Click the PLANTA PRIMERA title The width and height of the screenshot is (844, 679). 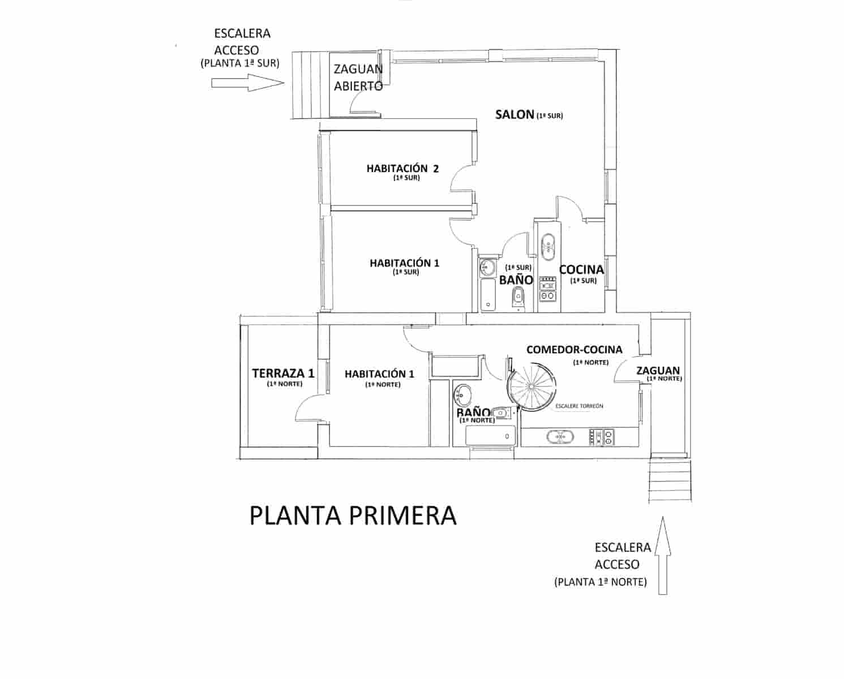[353, 515]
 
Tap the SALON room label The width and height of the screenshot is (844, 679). [515, 114]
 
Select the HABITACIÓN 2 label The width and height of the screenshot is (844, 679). [402, 169]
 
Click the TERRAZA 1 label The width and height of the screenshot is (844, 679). [283, 373]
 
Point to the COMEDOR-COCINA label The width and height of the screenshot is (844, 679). [574, 350]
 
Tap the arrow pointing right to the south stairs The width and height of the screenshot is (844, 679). [247, 83]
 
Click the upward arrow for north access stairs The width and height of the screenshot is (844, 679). [662, 556]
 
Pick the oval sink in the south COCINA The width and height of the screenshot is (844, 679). [547, 247]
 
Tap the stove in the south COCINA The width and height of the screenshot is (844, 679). [547, 289]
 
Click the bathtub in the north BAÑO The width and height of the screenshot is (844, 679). [490, 436]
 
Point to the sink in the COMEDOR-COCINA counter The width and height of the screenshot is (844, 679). [560, 437]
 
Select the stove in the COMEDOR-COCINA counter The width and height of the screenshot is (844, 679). [601, 437]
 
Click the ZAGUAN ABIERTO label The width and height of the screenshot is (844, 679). [358, 77]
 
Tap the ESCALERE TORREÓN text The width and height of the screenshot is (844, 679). [579, 406]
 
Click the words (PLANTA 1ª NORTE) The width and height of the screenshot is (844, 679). [601, 582]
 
